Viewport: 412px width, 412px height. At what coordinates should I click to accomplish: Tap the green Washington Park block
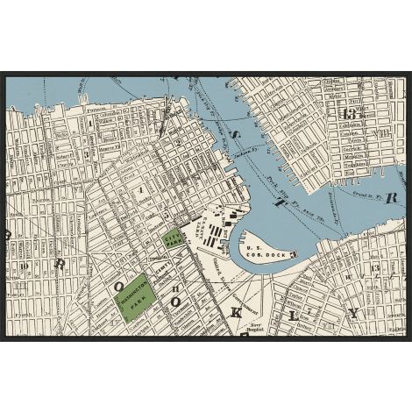(x=137, y=301)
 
